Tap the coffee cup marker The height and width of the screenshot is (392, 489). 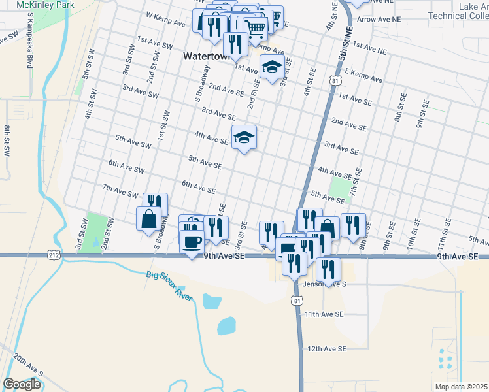point(192,242)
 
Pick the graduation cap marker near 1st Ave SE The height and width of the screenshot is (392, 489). point(272,67)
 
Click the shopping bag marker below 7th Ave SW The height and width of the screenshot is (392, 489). point(148,219)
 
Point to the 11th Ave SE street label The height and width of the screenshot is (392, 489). point(324,314)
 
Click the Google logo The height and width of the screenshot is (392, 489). point(22,384)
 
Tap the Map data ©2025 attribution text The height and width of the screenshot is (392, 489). point(460,387)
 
